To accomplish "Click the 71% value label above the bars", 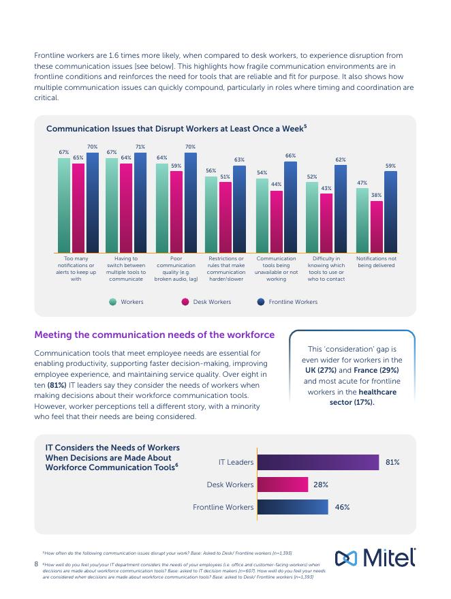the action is pyautogui.click(x=140, y=147).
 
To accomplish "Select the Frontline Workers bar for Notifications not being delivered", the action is pyautogui.click(x=390, y=212).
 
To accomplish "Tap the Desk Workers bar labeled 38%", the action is pyautogui.click(x=377, y=227).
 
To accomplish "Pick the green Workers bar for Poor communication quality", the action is pyautogui.click(x=162, y=208).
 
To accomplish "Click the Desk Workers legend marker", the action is pyautogui.click(x=185, y=302).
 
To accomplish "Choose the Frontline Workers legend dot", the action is pyautogui.click(x=261, y=302).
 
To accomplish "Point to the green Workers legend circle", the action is pyautogui.click(x=112, y=302).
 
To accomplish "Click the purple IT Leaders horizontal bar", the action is pyautogui.click(x=318, y=462).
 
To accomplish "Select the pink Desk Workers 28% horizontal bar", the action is pyautogui.click(x=283, y=485).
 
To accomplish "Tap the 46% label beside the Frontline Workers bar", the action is pyautogui.click(x=342, y=507).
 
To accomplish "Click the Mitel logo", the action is pyautogui.click(x=375, y=557).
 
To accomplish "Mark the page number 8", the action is pyautogui.click(x=36, y=564).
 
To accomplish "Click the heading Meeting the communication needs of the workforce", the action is pyautogui.click(x=154, y=335).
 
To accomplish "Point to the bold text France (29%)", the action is pyautogui.click(x=376, y=370).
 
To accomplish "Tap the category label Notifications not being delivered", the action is pyautogui.click(x=376, y=262).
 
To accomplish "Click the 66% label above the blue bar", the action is pyautogui.click(x=291, y=155).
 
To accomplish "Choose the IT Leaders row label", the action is pyautogui.click(x=236, y=462).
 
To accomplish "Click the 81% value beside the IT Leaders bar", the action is pyautogui.click(x=392, y=462).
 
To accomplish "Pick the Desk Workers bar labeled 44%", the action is pyautogui.click(x=277, y=221).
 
